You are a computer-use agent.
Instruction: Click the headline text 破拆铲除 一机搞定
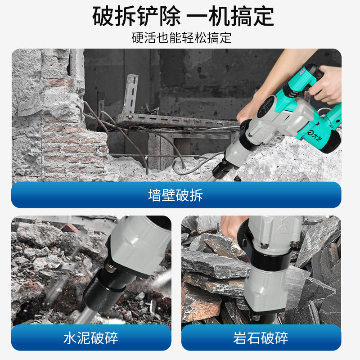coord(183,16)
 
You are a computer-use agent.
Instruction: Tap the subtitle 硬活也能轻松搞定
coord(181,38)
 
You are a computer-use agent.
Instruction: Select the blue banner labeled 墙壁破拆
coord(176,195)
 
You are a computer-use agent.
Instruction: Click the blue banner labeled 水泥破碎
coord(91,337)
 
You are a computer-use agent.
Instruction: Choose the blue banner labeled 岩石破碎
coord(261,337)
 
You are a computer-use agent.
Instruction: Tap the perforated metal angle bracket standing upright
coord(130,94)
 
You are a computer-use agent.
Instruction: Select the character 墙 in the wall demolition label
coord(154,195)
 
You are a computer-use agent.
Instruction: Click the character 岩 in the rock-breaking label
coord(240,338)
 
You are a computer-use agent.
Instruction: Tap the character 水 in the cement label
coord(70,338)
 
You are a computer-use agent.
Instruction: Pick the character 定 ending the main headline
coord(263,16)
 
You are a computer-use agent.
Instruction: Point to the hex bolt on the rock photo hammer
coord(265,245)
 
